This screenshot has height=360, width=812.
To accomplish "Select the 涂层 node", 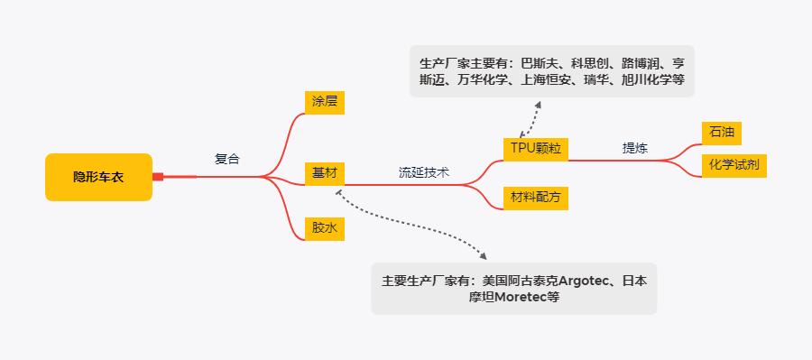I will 324,101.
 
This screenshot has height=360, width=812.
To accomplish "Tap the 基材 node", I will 324,172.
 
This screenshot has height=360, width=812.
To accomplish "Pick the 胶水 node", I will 324,228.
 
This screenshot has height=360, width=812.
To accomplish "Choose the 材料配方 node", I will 535,198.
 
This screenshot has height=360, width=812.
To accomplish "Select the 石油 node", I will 722,132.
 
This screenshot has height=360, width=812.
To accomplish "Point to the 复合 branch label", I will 227,159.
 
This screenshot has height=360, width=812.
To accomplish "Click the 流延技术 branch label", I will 424,172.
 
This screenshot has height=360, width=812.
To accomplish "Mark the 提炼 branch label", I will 635,148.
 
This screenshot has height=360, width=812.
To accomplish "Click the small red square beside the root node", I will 158,177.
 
